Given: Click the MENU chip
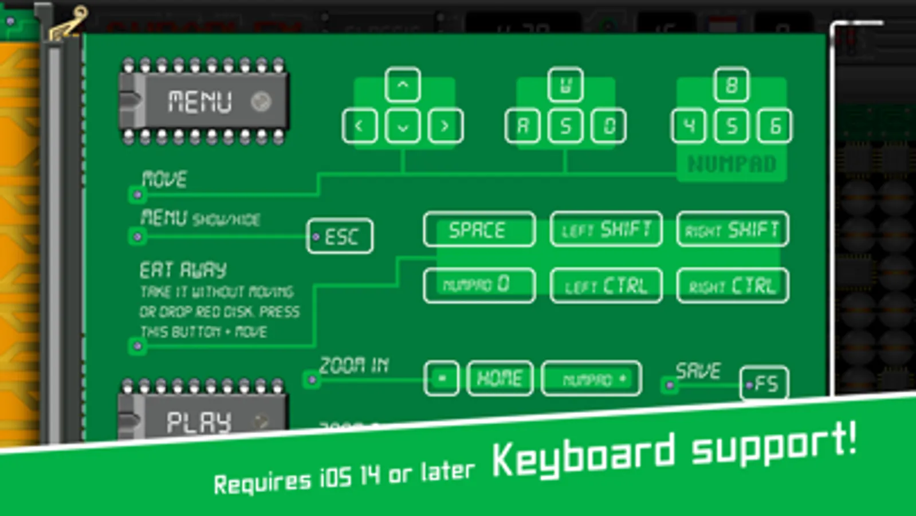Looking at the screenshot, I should [203, 101].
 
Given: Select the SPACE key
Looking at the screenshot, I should [479, 230].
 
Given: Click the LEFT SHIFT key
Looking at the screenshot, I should [606, 230].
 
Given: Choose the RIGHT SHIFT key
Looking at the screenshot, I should [732, 230].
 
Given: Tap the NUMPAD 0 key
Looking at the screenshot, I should [479, 285].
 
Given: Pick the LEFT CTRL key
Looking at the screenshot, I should [606, 285].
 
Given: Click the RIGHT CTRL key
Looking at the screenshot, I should [732, 285].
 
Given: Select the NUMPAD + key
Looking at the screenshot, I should [591, 379].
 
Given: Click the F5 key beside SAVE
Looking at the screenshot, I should [764, 383].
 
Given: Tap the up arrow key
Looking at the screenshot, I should [403, 85].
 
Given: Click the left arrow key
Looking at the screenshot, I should [360, 126].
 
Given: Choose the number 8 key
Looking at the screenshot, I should [732, 85].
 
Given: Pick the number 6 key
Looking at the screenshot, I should [775, 126].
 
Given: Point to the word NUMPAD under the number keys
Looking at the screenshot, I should [732, 164].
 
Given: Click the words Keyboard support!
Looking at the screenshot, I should [674, 452].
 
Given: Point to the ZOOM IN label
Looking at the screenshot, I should [354, 365].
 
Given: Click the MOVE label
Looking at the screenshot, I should [164, 179].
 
